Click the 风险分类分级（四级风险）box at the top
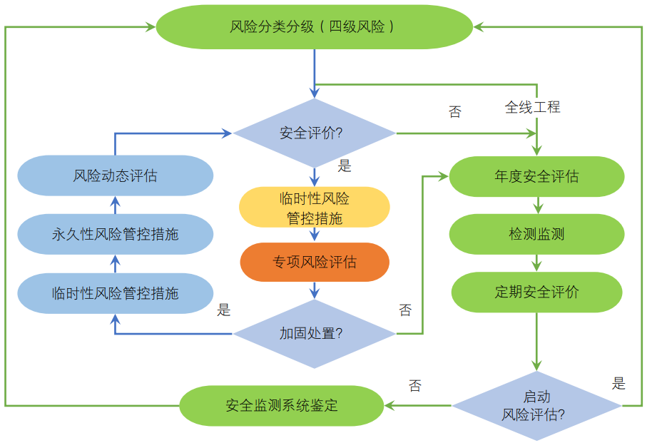[314, 27]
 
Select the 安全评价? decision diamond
[314, 133]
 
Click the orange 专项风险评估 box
[315, 262]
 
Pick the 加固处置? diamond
[314, 333]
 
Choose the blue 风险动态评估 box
[116, 175]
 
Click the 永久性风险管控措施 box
[116, 234]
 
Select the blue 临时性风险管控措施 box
[116, 293]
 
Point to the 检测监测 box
[536, 234]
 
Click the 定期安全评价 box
[536, 292]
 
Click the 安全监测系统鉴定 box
[281, 406]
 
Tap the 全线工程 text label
[532, 108]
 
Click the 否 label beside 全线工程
[454, 112]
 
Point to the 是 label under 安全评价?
[345, 166]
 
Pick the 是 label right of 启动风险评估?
[618, 384]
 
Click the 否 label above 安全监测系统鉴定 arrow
[415, 386]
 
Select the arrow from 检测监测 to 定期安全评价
[536, 263]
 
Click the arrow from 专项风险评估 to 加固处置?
[315, 290]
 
